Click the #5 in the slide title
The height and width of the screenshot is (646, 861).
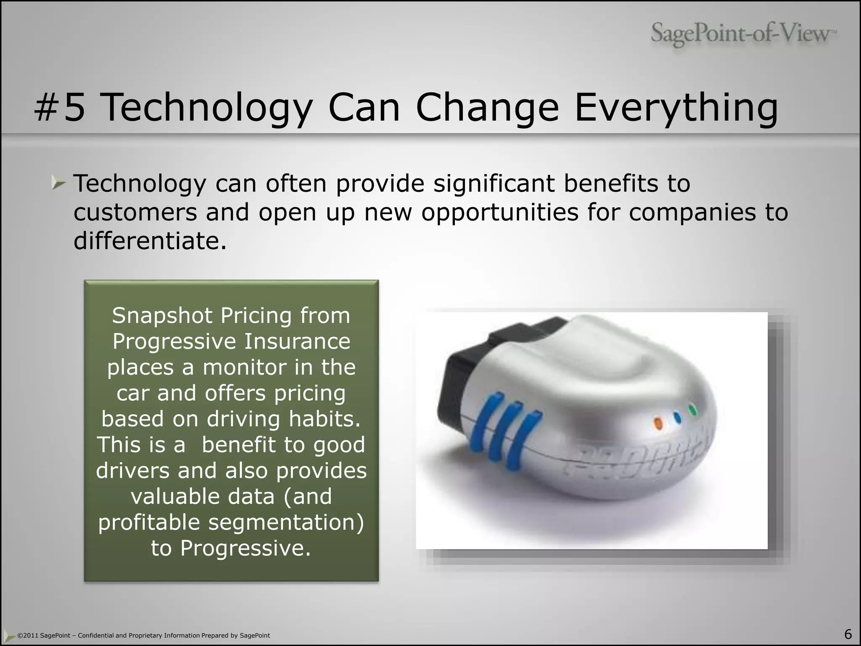tap(60, 108)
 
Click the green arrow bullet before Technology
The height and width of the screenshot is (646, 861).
tap(58, 183)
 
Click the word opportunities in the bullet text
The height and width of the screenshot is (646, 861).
tap(500, 212)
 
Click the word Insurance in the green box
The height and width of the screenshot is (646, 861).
tap(297, 341)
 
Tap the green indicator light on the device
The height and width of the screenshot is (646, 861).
tap(692, 409)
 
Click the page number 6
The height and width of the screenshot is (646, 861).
tap(848, 634)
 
